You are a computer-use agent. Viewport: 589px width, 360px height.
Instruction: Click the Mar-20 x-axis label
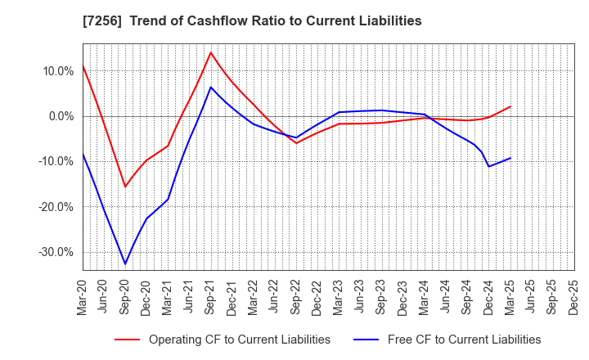click(x=83, y=295)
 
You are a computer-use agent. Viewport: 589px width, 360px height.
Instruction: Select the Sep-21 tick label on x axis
click(x=211, y=295)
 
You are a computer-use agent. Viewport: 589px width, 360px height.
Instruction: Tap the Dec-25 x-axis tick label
click(x=574, y=295)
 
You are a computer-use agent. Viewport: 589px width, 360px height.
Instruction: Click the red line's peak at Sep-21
click(x=211, y=52)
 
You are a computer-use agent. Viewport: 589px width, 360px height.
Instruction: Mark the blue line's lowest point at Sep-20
click(x=125, y=264)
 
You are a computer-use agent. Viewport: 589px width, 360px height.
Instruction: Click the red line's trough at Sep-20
click(x=125, y=187)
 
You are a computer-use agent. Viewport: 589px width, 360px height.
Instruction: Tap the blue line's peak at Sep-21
click(x=211, y=87)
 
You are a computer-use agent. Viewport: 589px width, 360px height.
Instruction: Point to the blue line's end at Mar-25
click(x=510, y=158)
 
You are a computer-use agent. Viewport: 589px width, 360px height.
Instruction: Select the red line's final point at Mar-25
click(x=510, y=106)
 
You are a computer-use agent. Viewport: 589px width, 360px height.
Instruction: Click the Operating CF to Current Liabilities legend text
click(x=240, y=340)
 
